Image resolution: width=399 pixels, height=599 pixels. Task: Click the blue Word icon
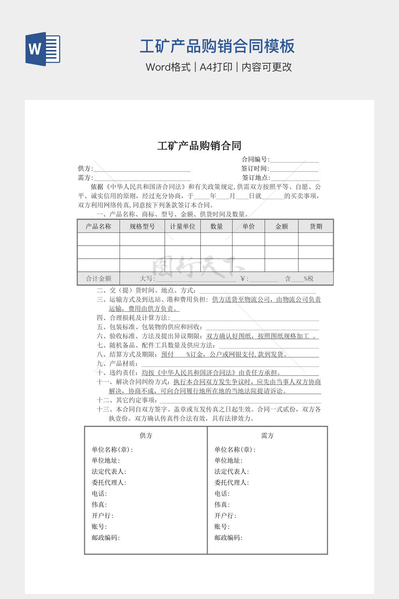point(43,49)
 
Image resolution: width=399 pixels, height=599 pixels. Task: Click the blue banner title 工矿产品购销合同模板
point(217,46)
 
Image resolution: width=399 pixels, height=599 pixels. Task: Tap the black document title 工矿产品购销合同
point(199,146)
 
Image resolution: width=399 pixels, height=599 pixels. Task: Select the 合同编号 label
point(255,159)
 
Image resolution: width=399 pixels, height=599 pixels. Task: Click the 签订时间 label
point(255,168)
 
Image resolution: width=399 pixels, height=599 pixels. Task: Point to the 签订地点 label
point(256,178)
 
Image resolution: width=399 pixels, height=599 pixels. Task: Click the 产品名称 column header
point(98,227)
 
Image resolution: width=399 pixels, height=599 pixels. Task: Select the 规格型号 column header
point(142,227)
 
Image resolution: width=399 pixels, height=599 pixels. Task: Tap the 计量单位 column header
point(182,227)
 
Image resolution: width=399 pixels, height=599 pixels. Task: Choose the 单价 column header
point(249,227)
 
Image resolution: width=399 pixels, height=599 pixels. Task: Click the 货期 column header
point(316,227)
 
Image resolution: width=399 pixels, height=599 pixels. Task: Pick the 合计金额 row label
point(99,278)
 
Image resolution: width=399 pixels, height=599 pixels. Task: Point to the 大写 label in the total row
point(147,278)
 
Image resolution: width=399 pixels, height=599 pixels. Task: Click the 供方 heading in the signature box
point(146,436)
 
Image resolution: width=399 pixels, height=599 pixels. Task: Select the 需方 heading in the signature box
point(267,436)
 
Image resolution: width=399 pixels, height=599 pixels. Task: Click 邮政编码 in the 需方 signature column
point(228,538)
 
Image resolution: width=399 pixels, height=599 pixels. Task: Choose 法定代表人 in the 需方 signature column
point(231,471)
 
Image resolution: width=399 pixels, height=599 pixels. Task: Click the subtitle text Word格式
point(168,67)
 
